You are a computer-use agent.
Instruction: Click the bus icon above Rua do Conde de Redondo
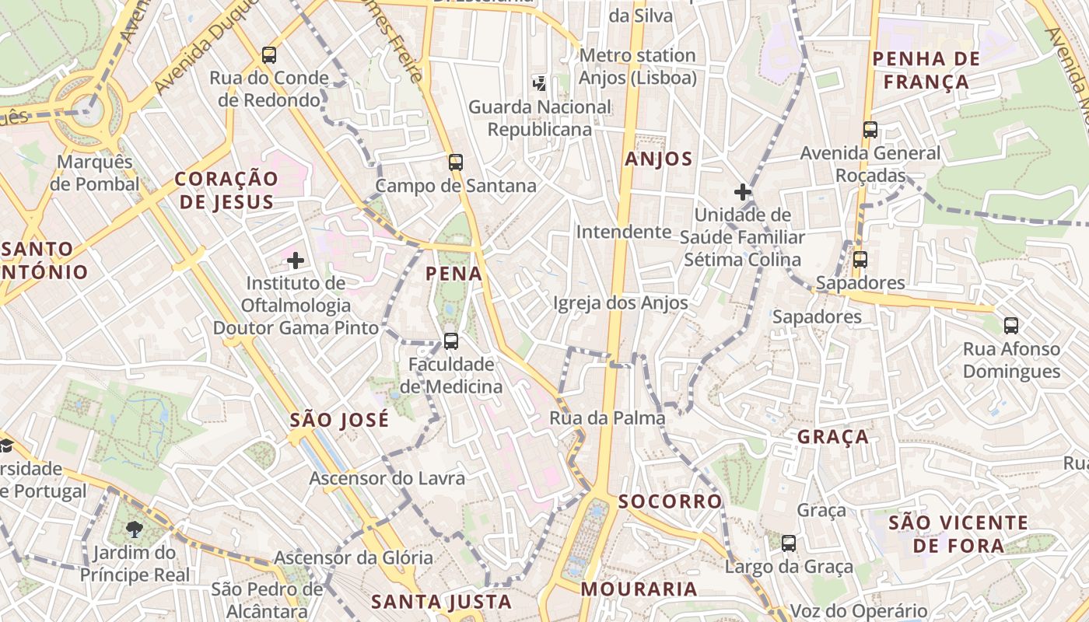point(269,55)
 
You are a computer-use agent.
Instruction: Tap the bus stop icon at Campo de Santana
point(456,162)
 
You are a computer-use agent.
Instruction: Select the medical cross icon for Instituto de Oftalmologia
point(296,260)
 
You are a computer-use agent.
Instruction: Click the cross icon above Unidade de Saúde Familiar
point(743,191)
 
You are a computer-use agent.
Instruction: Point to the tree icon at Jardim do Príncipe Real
point(135,529)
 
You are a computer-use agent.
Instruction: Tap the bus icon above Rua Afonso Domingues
point(1011,326)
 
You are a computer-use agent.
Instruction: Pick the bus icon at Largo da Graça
point(789,543)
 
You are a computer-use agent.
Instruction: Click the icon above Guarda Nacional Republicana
point(539,83)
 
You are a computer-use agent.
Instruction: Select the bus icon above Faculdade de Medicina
point(450,341)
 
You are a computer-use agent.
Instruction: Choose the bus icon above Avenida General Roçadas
point(870,130)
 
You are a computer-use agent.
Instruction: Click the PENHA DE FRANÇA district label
point(920,70)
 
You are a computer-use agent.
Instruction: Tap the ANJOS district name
point(659,159)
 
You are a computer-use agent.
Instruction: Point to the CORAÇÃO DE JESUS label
point(226,190)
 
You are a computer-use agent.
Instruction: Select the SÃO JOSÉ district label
point(339,421)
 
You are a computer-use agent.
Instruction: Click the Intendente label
point(623,232)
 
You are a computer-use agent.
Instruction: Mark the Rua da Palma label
point(608,418)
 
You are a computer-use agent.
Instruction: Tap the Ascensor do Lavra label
point(387,478)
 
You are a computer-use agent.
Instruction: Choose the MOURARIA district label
point(639,589)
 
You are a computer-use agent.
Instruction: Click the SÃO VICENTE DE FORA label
point(958,533)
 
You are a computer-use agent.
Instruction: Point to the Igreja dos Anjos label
point(621,303)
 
